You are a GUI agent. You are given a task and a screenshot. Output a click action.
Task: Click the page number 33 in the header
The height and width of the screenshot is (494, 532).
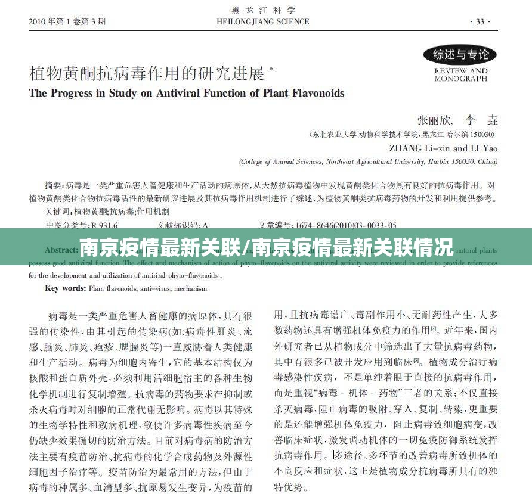point(480,22)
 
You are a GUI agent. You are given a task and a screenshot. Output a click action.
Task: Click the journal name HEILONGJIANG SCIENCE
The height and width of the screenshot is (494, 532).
point(263,22)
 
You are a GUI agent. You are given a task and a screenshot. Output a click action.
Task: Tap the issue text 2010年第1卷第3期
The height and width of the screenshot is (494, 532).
point(67,22)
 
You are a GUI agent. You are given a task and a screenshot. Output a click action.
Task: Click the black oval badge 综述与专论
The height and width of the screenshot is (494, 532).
point(460,55)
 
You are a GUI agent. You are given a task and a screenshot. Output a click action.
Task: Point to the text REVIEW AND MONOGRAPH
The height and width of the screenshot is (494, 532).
point(460,74)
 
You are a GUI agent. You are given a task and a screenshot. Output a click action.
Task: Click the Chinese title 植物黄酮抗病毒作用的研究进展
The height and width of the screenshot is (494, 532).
point(147,74)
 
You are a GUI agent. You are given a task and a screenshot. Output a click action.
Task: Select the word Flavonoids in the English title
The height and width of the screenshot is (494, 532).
point(318,93)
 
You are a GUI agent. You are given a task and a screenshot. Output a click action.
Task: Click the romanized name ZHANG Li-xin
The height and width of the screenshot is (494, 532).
point(420,148)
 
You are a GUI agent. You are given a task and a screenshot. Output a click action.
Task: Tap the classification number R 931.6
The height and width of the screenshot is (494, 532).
point(104,225)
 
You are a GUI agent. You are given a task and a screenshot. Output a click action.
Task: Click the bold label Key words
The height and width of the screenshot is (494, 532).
point(66,289)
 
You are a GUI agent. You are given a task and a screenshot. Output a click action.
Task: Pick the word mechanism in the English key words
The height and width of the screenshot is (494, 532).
point(191,289)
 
